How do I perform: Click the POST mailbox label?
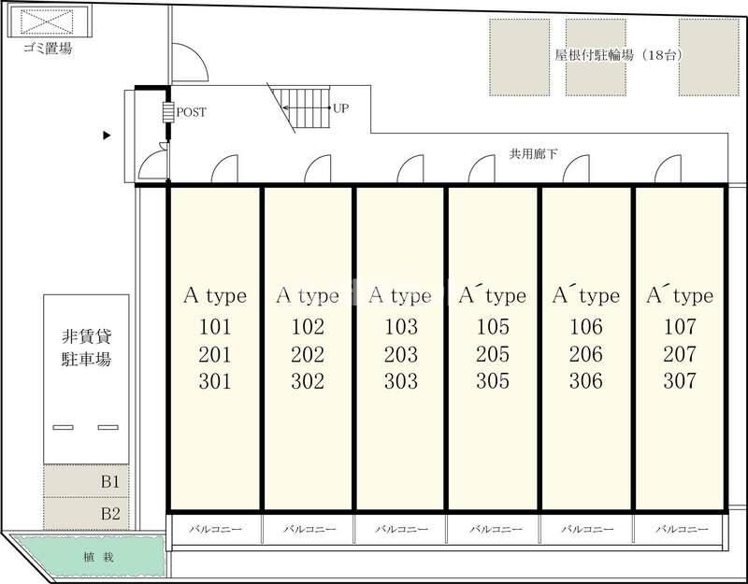tap(192, 112)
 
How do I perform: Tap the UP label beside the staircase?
tap(340, 108)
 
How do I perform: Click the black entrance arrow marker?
tap(107, 135)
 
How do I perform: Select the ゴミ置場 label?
tap(48, 49)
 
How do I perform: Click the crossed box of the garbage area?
tap(48, 21)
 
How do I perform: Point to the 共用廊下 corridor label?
tap(533, 153)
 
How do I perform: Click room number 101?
tap(215, 326)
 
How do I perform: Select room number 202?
tap(308, 354)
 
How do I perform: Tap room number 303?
tap(401, 381)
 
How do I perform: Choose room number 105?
tap(493, 326)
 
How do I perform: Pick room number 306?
tap(586, 381)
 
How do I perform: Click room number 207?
tap(680, 354)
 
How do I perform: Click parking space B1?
tap(86, 480)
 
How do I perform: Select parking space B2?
tap(86, 513)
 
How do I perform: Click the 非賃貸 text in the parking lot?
tap(86, 336)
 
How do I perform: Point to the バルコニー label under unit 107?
tap(682, 529)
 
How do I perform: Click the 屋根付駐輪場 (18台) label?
tap(618, 55)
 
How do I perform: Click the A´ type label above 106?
tap(586, 295)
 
